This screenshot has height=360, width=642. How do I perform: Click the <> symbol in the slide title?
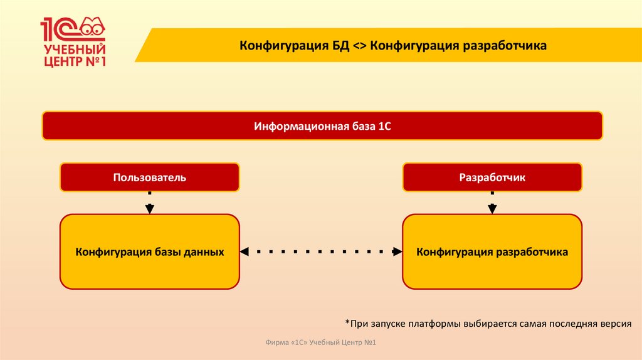tap(360, 46)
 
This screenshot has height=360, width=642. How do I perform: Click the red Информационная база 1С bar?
tap(322, 126)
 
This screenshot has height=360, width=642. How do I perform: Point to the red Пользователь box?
tap(149, 177)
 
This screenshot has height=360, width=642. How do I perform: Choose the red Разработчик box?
tap(492, 177)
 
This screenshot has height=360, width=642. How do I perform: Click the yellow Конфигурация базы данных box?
tap(149, 251)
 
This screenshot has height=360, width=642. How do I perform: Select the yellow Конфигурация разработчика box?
tap(492, 251)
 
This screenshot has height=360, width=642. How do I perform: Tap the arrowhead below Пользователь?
tap(149, 208)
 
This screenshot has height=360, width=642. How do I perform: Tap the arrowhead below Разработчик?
tap(492, 208)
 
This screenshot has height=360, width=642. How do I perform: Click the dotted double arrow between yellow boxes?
tap(321, 251)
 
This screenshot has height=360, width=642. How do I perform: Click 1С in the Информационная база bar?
tap(384, 126)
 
